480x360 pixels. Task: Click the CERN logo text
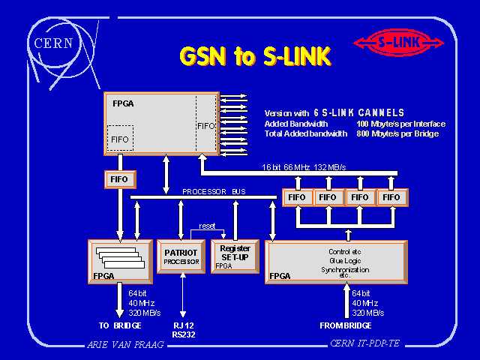pyautogui.click(x=53, y=42)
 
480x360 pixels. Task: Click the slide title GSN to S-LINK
pyautogui.click(x=254, y=56)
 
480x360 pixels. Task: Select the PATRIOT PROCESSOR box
pyautogui.click(x=181, y=256)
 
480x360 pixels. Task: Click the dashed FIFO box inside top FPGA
pyautogui.click(x=120, y=139)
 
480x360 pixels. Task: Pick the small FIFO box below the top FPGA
pyautogui.click(x=119, y=179)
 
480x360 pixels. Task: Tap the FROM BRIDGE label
pyautogui.click(x=346, y=326)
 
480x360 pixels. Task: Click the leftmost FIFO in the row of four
pyautogui.click(x=296, y=197)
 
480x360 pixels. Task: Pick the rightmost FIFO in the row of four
pyautogui.click(x=391, y=197)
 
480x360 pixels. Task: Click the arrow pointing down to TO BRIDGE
pyautogui.click(x=119, y=303)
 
